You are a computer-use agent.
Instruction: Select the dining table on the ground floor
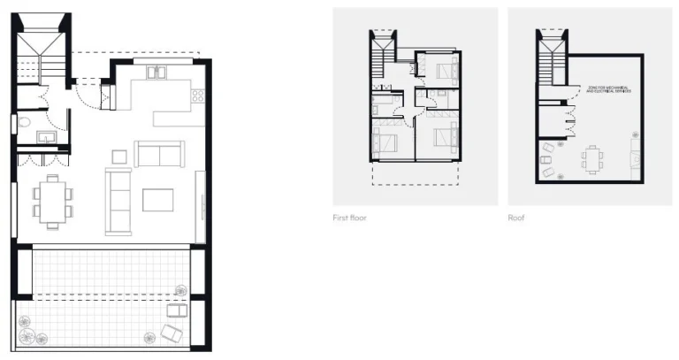pyautogui.click(x=52, y=199)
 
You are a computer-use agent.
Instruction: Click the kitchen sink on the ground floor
pyautogui.click(x=159, y=73)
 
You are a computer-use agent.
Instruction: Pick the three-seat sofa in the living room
pyautogui.click(x=118, y=201)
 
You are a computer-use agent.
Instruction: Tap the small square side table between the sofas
pyautogui.click(x=118, y=157)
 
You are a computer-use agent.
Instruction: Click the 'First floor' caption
pyautogui.click(x=349, y=218)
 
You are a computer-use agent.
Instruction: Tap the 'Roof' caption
pyautogui.click(x=517, y=218)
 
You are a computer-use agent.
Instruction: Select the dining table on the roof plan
pyautogui.click(x=592, y=159)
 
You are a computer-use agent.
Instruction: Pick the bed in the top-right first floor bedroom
pyautogui.click(x=443, y=68)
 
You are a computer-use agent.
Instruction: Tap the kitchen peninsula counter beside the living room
pyautogui.click(x=179, y=117)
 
